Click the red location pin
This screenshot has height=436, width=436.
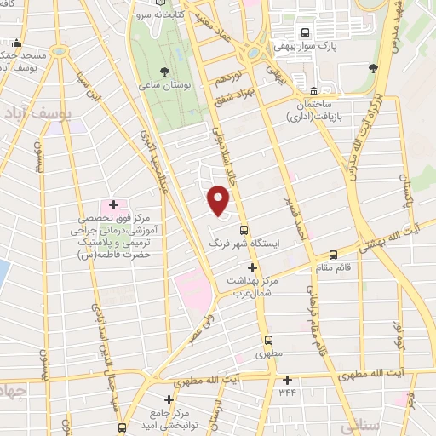click(219, 201)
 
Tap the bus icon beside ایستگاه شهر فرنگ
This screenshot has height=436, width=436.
click(244, 230)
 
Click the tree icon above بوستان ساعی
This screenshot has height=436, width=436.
click(166, 72)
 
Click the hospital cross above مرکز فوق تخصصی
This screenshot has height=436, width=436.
click(113, 205)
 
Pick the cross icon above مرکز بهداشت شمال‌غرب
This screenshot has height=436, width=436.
click(250, 267)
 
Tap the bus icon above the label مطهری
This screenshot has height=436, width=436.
click(267, 339)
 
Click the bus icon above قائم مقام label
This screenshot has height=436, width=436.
click(333, 254)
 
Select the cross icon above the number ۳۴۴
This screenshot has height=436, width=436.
click(287, 381)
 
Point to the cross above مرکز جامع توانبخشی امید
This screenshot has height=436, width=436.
click(169, 399)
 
